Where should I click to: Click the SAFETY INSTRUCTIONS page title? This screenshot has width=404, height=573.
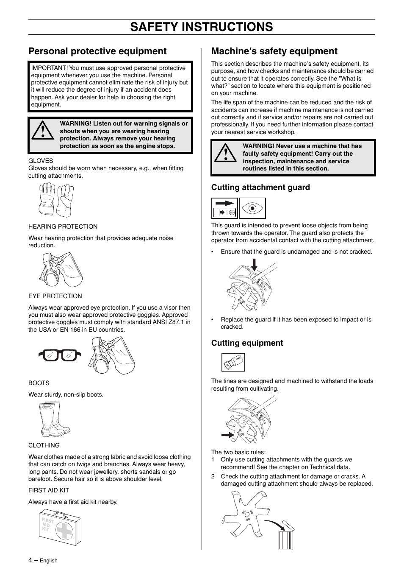click(x=202, y=27)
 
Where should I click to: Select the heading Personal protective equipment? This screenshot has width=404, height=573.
click(x=97, y=51)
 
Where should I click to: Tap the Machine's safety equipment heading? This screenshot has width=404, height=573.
click(x=274, y=51)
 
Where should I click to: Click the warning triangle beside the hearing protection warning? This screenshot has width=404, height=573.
click(x=43, y=131)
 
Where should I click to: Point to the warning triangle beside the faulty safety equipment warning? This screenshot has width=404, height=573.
click(x=225, y=153)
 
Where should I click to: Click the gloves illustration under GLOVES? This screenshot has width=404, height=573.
click(x=56, y=200)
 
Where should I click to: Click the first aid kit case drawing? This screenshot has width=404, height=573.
click(x=60, y=527)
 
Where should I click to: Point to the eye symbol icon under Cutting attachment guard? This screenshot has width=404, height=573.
click(x=252, y=208)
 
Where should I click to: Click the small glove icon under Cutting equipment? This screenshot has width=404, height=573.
click(x=233, y=362)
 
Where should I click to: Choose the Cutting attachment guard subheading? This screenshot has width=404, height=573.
click(x=260, y=187)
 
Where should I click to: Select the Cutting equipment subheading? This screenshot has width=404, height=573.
click(x=247, y=343)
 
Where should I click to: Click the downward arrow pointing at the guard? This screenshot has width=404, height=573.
click(x=254, y=265)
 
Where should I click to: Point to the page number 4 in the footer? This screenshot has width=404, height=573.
click(x=30, y=560)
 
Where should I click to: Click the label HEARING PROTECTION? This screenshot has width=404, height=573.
click(x=63, y=226)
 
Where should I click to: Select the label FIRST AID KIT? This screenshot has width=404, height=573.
click(x=49, y=490)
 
